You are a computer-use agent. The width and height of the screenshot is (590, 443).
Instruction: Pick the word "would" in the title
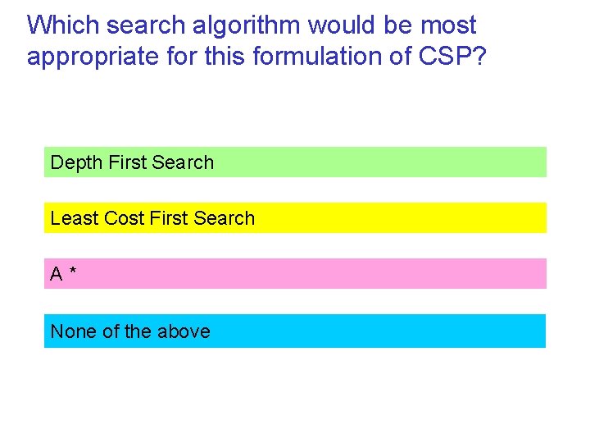343,25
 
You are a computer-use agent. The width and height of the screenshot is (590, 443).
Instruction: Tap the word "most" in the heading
448,25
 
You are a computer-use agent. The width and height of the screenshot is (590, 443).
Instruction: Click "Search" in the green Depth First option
183,162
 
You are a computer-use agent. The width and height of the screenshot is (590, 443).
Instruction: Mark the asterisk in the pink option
74,272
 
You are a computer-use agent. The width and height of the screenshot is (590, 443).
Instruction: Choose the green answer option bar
369,162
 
